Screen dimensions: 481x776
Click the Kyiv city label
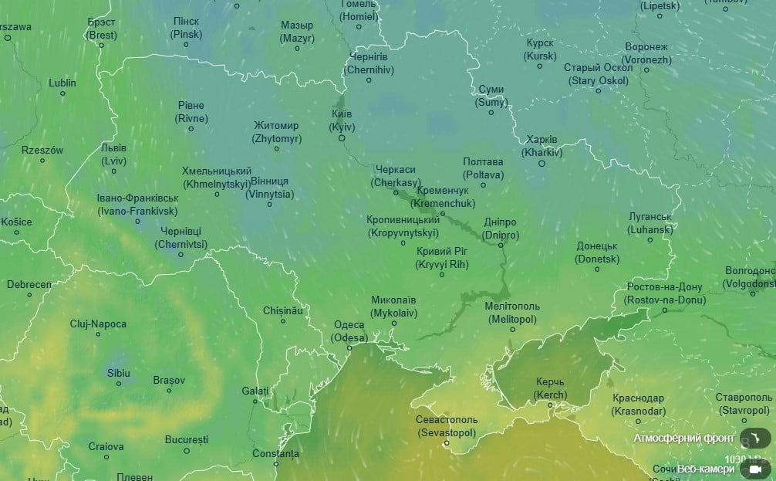click(x=342, y=120)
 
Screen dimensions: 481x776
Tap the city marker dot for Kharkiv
click(x=542, y=163)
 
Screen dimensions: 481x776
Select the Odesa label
click(x=349, y=331)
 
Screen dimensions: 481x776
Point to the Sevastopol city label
click(x=447, y=426)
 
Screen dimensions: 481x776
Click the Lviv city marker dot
click(x=113, y=171)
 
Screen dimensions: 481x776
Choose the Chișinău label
click(x=283, y=310)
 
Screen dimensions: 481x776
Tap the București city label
click(x=186, y=439)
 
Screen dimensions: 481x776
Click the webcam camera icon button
click(x=755, y=469)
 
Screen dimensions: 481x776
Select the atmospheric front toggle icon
click(x=755, y=438)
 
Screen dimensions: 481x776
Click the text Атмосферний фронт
click(x=683, y=438)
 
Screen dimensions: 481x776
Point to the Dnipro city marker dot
click(x=501, y=245)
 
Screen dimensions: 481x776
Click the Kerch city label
click(x=550, y=388)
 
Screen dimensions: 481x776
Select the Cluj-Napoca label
click(x=98, y=324)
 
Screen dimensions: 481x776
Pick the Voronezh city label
click(x=646, y=53)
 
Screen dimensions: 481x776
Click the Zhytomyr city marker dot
click(x=276, y=149)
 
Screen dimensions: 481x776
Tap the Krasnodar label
click(x=638, y=404)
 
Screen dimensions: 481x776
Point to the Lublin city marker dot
click(x=62, y=93)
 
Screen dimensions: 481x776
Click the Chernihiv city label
click(x=369, y=63)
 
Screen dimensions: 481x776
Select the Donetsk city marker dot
click(x=597, y=269)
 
